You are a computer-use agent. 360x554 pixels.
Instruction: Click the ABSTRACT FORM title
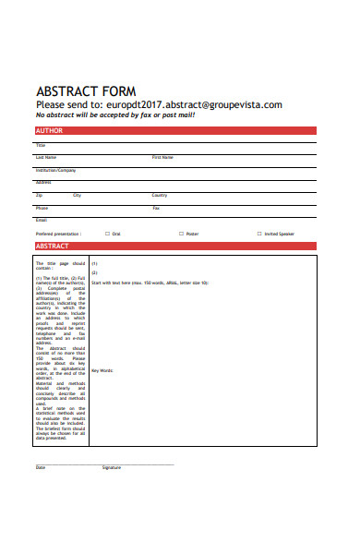85,91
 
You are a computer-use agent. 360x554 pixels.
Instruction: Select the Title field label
41,145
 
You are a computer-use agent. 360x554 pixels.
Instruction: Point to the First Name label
162,158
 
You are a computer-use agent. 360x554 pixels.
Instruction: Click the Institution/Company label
55,170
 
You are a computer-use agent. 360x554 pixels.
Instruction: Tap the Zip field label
39,195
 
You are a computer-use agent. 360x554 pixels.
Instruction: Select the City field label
78,195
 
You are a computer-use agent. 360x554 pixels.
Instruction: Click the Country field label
160,195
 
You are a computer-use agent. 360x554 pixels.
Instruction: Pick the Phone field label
42,208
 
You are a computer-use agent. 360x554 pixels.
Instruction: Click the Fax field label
156,208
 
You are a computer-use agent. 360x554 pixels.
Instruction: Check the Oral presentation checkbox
107,234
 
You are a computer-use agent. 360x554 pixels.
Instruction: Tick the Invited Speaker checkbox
259,234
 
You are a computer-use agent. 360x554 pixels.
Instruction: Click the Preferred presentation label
58,234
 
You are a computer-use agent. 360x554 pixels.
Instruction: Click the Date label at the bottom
41,468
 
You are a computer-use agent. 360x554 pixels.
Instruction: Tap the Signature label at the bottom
112,468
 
